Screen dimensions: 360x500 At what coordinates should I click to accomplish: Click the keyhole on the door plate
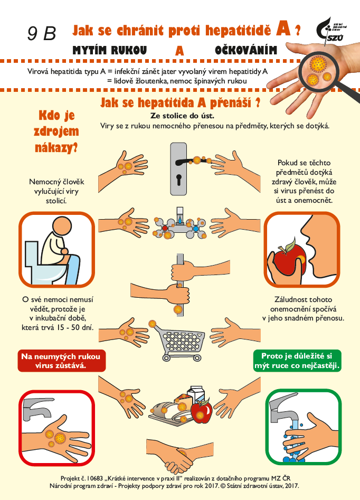click(x=178, y=180)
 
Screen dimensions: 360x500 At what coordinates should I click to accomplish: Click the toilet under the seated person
click(x=44, y=264)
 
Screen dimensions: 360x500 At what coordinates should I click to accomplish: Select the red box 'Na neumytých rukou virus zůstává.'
click(x=61, y=361)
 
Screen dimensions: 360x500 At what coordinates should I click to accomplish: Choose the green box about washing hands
click(x=297, y=361)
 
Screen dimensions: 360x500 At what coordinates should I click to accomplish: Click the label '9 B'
click(x=42, y=33)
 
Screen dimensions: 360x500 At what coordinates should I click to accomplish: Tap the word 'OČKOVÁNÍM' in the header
click(x=246, y=50)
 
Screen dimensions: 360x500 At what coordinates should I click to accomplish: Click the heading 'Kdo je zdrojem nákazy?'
click(x=56, y=131)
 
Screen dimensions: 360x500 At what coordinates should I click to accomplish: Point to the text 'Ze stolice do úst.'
click(x=182, y=116)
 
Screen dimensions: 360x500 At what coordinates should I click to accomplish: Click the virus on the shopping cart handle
click(x=153, y=324)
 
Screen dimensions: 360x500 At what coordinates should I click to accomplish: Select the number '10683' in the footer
click(x=96, y=478)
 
